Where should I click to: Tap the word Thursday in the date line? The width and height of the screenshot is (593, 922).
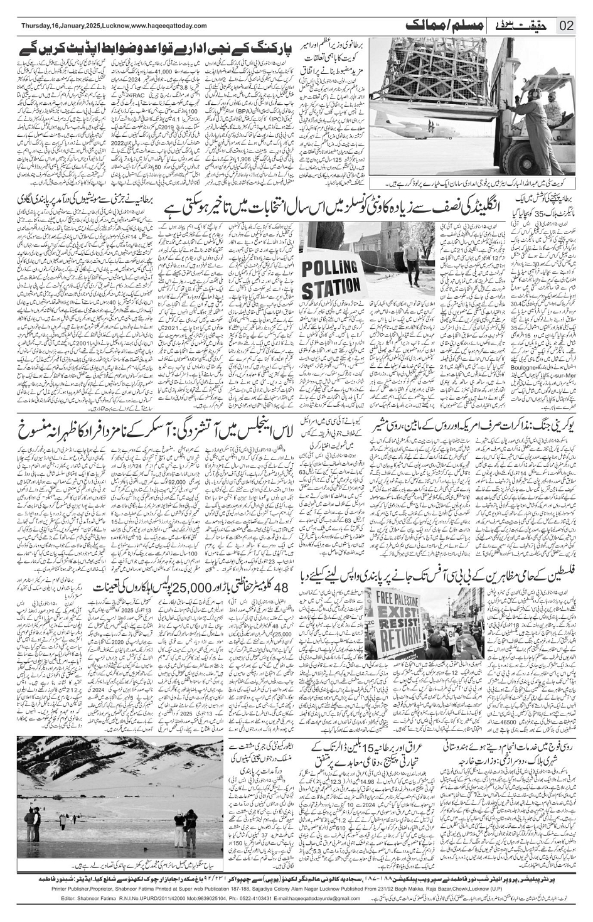pyautogui.click(x=36, y=26)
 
